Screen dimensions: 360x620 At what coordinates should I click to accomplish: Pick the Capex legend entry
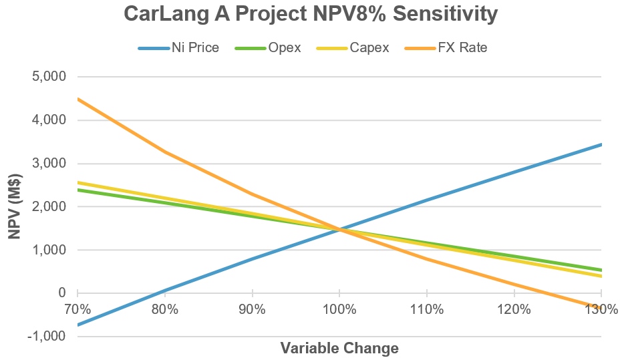pyautogui.click(x=369, y=48)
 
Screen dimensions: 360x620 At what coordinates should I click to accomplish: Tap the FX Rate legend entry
pyautogui.click(x=462, y=48)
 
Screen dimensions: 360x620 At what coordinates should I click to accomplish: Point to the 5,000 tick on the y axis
pyautogui.click(x=49, y=77)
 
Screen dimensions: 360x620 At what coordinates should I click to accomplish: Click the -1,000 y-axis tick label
pyautogui.click(x=47, y=337)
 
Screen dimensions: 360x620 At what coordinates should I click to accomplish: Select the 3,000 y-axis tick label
pyautogui.click(x=49, y=164)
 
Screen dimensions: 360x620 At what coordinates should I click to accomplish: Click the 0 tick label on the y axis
pyautogui.click(x=62, y=293)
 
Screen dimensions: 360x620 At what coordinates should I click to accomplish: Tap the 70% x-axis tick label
pyautogui.click(x=77, y=309)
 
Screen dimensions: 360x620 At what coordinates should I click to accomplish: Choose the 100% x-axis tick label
pyautogui.click(x=339, y=309)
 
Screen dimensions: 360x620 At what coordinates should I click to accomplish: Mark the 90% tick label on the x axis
pyautogui.click(x=252, y=309)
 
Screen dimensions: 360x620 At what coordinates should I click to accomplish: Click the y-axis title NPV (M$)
pyautogui.click(x=15, y=206)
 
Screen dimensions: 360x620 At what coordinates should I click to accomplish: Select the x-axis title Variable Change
pyautogui.click(x=339, y=348)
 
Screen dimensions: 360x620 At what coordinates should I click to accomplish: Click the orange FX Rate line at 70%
pyautogui.click(x=78, y=99)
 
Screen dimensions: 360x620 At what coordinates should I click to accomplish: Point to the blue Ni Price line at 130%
pyautogui.click(x=601, y=145)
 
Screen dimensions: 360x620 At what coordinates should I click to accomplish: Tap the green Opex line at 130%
pyautogui.click(x=601, y=270)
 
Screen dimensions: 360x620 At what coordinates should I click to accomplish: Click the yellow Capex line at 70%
pyautogui.click(x=78, y=182)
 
